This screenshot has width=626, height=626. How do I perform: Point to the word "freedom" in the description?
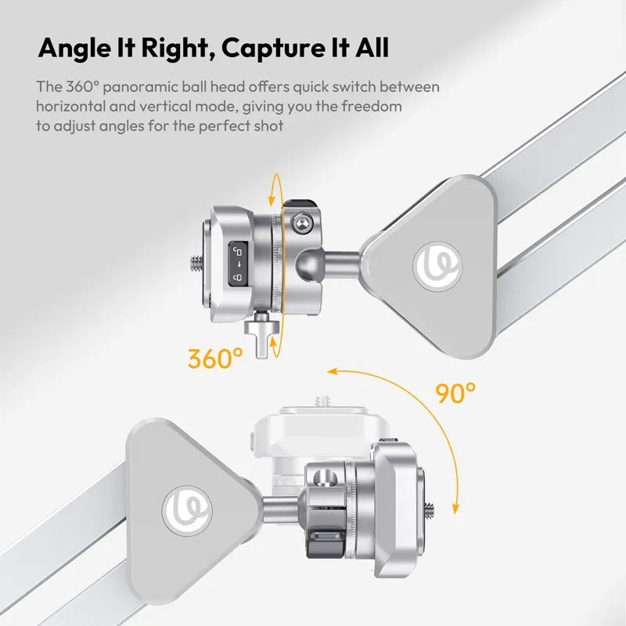pyautogui.click(x=374, y=106)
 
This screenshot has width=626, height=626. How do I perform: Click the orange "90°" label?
pyautogui.click(x=456, y=392)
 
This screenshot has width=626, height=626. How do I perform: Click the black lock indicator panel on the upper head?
pyautogui.click(x=239, y=264)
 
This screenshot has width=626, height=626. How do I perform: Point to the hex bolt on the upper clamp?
pyautogui.click(x=298, y=224)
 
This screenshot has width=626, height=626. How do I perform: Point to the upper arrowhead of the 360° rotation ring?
pyautogui.click(x=272, y=183)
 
